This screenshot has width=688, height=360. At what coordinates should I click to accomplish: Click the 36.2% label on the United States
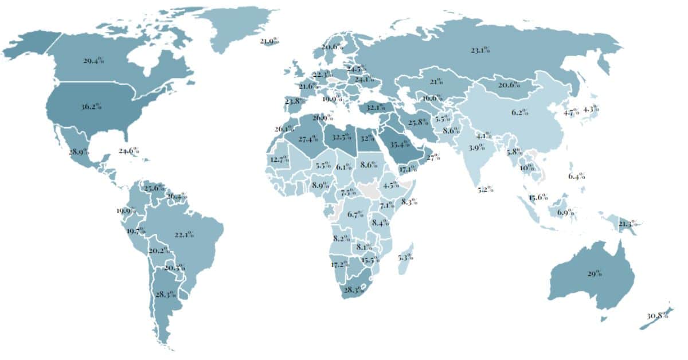91,106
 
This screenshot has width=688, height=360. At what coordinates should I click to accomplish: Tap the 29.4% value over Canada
93,60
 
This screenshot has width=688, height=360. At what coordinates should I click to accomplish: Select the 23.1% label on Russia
480,50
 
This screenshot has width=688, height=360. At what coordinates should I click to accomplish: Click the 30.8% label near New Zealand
657,316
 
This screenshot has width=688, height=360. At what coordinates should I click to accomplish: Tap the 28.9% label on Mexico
78,152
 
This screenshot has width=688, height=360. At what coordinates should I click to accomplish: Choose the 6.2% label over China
519,112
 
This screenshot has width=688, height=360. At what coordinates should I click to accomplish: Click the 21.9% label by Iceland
269,41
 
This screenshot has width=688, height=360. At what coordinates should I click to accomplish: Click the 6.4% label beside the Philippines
577,176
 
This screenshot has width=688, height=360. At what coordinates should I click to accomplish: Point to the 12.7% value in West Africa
279,159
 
